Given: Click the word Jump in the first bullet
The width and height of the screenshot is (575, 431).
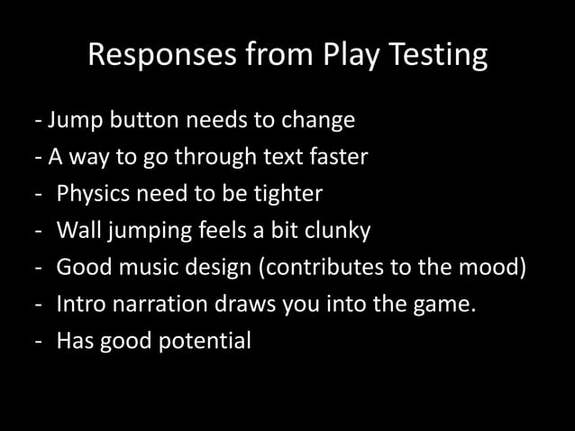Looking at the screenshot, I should [72, 120].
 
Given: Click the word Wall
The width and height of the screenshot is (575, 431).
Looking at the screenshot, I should [78, 231].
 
